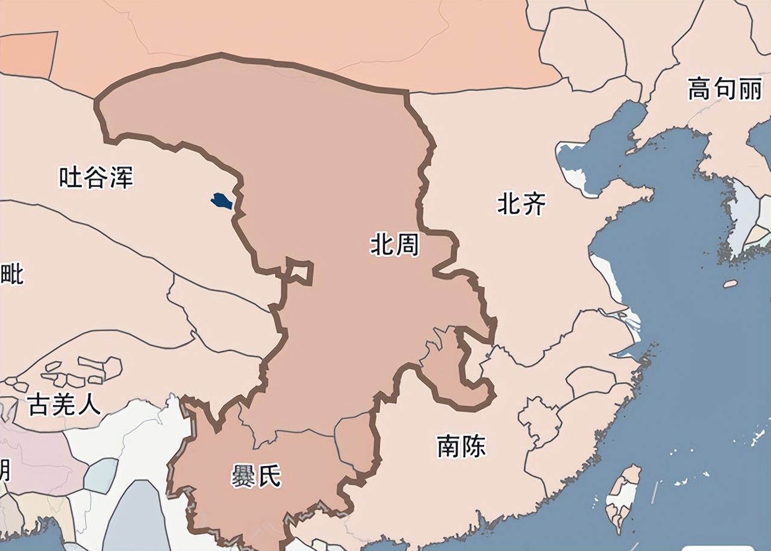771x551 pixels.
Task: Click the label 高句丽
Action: (x=725, y=90)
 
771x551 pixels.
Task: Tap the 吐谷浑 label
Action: (x=96, y=178)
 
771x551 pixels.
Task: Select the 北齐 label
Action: (x=521, y=204)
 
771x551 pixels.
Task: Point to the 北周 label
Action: (x=395, y=245)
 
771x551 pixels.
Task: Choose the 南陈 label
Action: (x=461, y=446)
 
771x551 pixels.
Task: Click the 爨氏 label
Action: (x=256, y=477)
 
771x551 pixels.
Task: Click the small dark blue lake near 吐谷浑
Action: (x=222, y=200)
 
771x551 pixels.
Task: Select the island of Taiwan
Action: (x=623, y=497)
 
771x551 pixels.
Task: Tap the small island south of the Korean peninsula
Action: (x=730, y=283)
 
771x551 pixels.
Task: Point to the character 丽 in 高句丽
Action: (x=751, y=90)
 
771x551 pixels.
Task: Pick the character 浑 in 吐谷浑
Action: (x=121, y=178)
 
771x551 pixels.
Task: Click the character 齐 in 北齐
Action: (x=534, y=204)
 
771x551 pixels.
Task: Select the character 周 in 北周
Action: (x=407, y=245)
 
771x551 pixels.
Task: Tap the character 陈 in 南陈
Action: (x=474, y=446)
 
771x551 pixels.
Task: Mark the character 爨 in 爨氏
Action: (x=243, y=477)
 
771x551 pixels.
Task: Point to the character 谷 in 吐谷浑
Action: (x=96, y=178)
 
